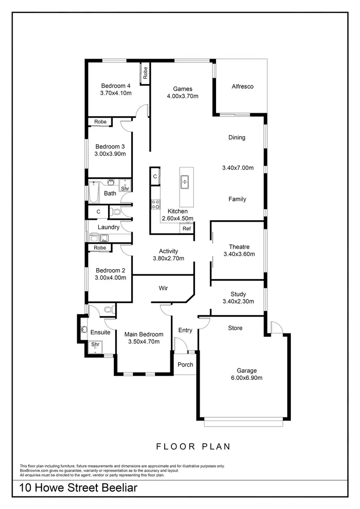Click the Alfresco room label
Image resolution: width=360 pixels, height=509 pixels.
click(242, 87)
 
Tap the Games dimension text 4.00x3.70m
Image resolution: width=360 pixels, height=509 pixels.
click(182, 96)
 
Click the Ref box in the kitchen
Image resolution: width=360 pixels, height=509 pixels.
click(187, 229)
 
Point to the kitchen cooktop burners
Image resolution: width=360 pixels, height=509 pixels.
click(156, 205)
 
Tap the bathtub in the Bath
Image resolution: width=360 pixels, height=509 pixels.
click(93, 192)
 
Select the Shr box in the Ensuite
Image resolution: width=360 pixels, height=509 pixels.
click(95, 345)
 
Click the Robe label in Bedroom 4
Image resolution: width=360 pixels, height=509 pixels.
click(145, 72)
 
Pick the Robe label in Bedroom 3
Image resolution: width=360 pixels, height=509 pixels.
click(100, 122)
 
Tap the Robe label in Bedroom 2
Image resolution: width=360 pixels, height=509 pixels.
click(100, 248)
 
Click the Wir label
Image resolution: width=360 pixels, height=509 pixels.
click(163, 288)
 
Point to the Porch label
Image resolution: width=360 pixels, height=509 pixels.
click(185, 365)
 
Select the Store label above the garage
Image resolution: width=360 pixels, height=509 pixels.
click(235, 328)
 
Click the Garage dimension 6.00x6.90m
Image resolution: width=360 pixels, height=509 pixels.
click(246, 378)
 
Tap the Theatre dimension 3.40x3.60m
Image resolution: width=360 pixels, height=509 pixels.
click(239, 254)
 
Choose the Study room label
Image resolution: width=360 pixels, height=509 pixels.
click(238, 294)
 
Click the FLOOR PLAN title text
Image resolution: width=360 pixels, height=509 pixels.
click(193, 447)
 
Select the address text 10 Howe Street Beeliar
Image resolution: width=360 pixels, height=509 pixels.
click(78, 488)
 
